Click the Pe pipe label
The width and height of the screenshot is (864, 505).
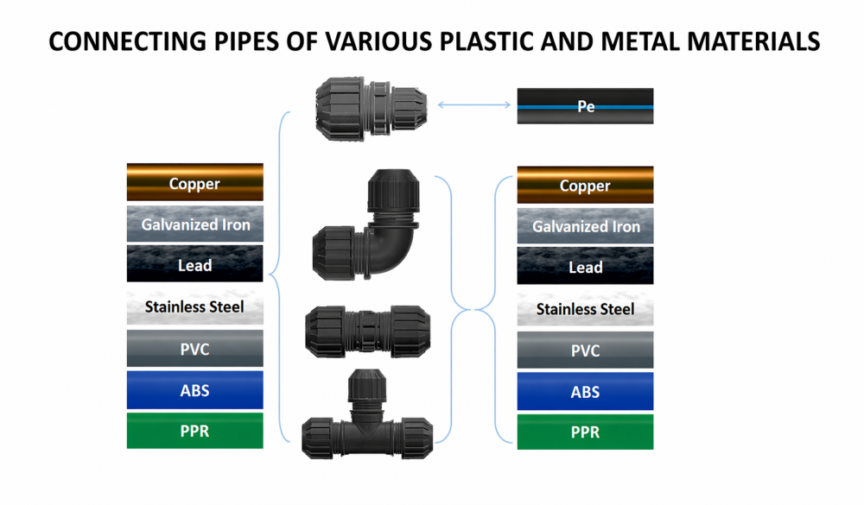tap(585, 107)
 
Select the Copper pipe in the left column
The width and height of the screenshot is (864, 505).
tap(194, 183)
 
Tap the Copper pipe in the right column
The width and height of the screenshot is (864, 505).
tap(585, 185)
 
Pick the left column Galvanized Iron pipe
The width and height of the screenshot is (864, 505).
tap(194, 224)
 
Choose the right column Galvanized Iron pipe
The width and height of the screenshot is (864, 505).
tap(585, 226)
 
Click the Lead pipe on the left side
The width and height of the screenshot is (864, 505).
tap(194, 265)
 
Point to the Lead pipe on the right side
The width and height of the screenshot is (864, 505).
tap(585, 267)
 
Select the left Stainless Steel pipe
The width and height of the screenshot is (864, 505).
tap(194, 306)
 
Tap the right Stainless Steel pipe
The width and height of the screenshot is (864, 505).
tap(585, 308)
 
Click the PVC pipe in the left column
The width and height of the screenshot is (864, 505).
tap(194, 349)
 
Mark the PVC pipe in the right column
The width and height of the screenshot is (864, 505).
tap(585, 350)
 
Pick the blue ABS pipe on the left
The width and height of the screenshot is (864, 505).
tap(194, 389)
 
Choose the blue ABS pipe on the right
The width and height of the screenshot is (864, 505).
tap(585, 391)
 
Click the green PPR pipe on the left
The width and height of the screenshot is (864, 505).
tap(194, 430)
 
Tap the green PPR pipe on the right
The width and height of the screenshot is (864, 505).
tap(585, 432)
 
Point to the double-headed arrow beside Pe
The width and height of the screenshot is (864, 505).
tap(474, 105)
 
